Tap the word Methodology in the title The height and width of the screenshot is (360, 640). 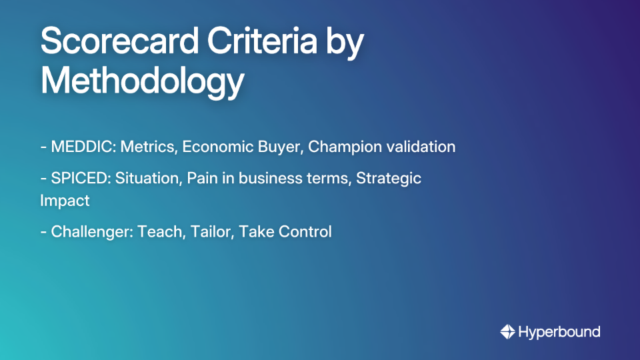click(142, 81)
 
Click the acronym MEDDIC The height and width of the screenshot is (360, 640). click(82, 147)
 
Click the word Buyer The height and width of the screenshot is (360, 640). click(279, 147)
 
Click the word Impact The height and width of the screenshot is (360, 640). click(65, 200)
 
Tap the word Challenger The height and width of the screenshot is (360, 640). click(91, 232)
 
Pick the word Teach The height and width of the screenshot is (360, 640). click(159, 232)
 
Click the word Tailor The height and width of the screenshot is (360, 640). click(209, 232)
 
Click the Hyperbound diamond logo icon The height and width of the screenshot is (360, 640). click(507, 331)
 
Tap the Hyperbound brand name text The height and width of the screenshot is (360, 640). click(559, 331)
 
